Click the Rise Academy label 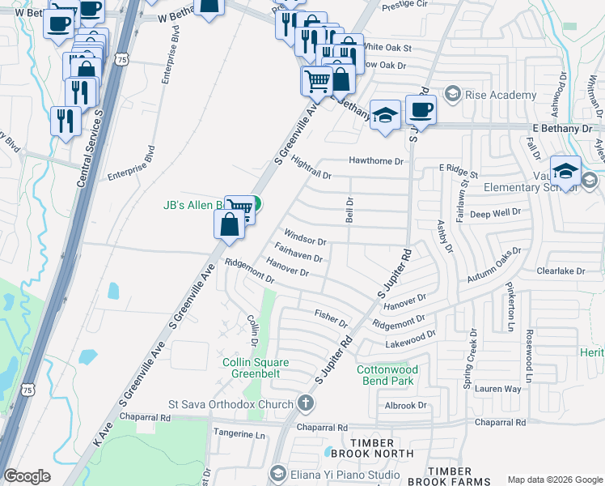pyautogui.click(x=501, y=95)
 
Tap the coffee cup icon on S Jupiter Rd pyautogui.click(x=420, y=109)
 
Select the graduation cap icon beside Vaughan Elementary pyautogui.click(x=566, y=172)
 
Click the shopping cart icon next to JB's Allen pyautogui.click(x=240, y=209)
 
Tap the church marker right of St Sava pyautogui.click(x=305, y=403)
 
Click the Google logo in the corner pyautogui.click(x=27, y=476)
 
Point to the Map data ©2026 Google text pyautogui.click(x=554, y=480)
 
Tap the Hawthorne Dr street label pyautogui.click(x=375, y=161)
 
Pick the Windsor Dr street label pyautogui.click(x=304, y=241)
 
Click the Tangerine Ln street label pyautogui.click(x=239, y=434)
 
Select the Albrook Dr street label pyautogui.click(x=405, y=405)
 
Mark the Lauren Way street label pyautogui.click(x=497, y=389)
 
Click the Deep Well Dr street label pyautogui.click(x=497, y=213)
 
